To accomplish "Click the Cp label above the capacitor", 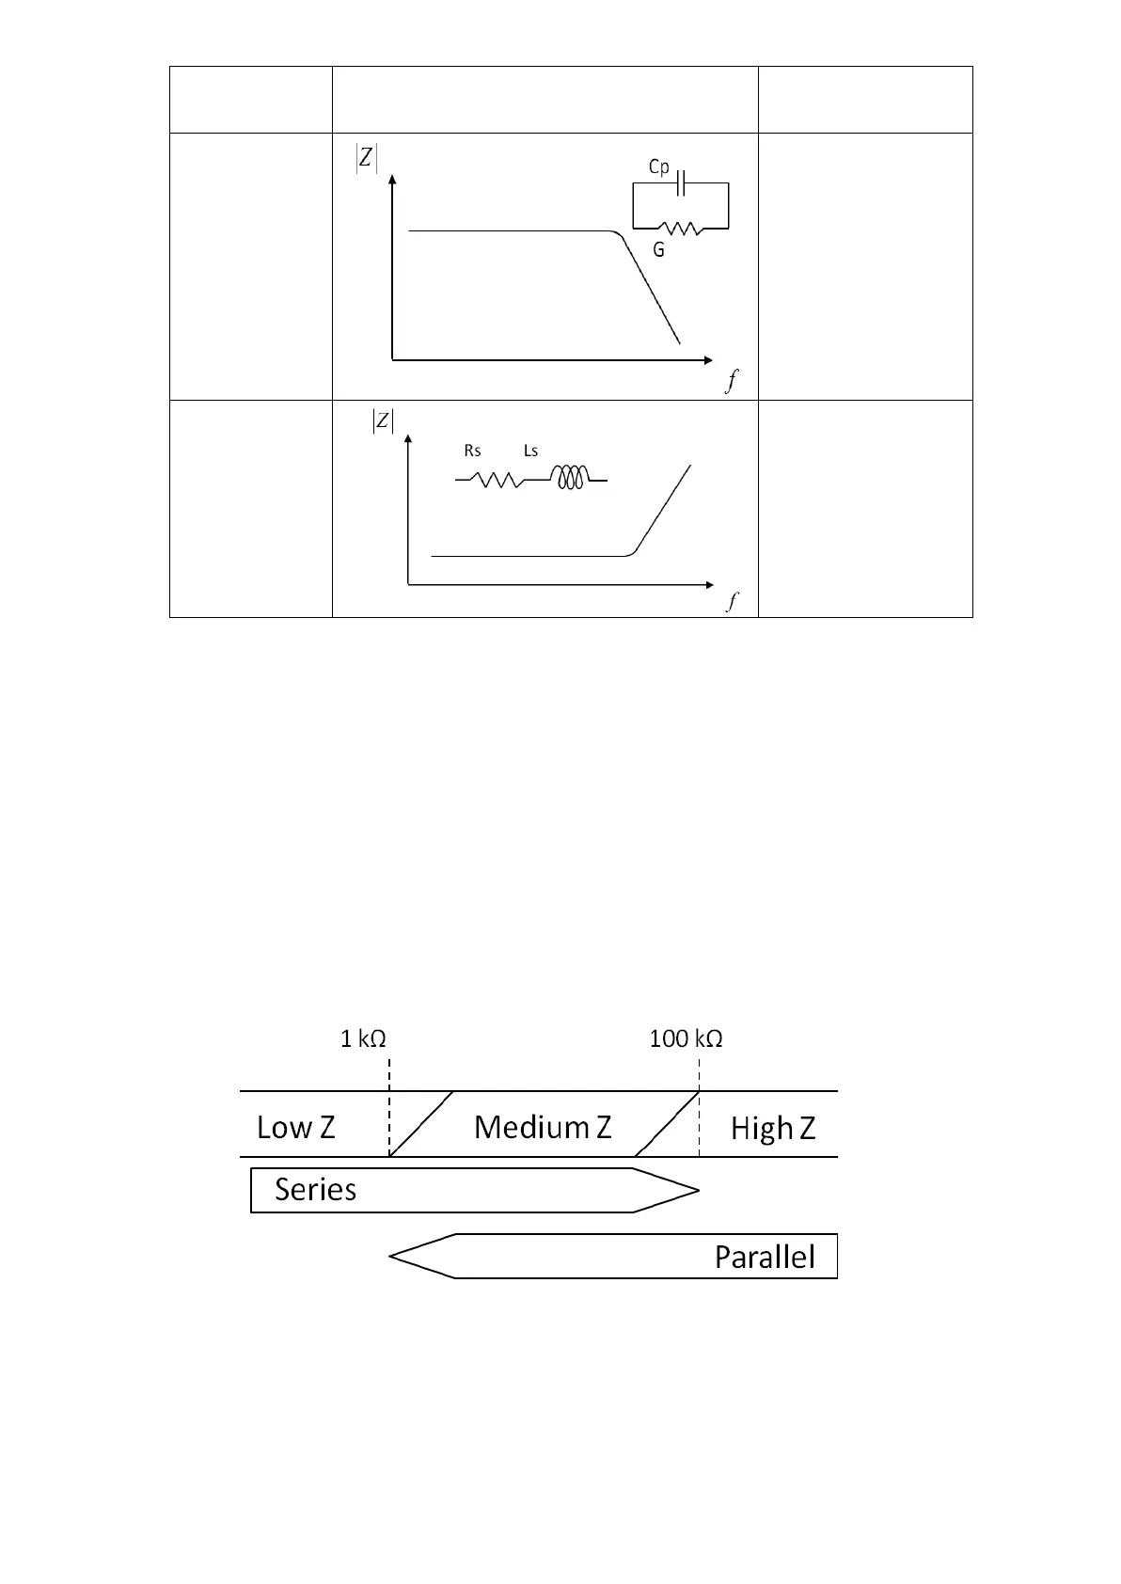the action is pos(659,166).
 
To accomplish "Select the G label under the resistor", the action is pos(659,252).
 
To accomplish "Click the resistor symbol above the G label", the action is pos(679,228).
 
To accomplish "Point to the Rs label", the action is pos(472,451).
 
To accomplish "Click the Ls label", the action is pos(530,451).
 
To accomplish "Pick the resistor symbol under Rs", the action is pos(497,480).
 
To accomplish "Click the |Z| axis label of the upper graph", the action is pos(366,160).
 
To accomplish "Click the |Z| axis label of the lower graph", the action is pos(383,421).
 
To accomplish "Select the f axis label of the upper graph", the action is pos(732,381).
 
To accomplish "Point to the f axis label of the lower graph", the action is pos(732,602).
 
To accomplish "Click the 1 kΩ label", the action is pos(363,1039).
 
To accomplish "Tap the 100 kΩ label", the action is pos(686,1039).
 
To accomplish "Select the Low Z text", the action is pos(295,1127).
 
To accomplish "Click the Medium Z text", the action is pos(543,1126).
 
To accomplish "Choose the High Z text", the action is pos(772,1128).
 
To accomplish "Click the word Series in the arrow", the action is pos(315,1190).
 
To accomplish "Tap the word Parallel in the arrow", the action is pos(764,1257).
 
